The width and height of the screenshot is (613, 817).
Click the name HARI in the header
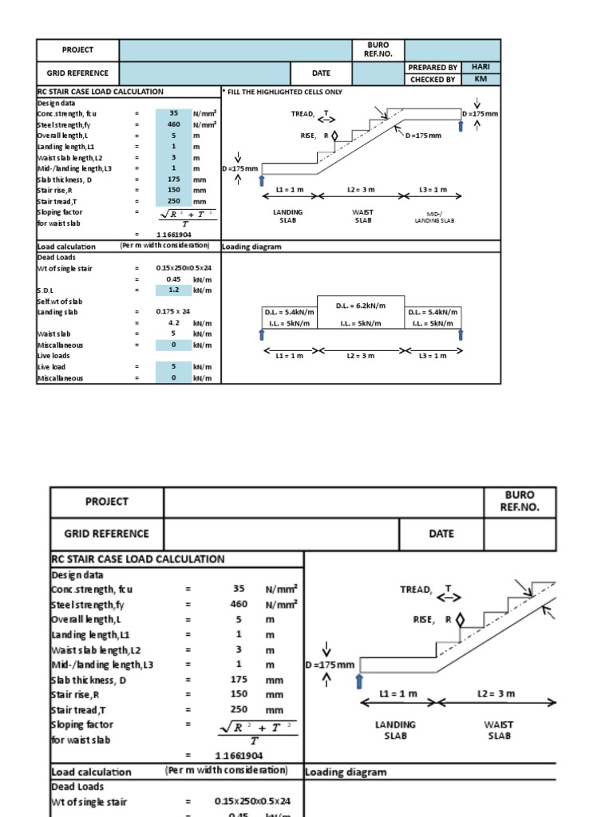(x=480, y=68)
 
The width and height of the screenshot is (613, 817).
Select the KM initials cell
(x=480, y=79)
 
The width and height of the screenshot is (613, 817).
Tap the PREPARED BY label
(x=433, y=68)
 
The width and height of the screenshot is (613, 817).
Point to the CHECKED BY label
(x=433, y=80)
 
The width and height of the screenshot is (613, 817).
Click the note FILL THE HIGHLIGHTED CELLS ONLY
(x=284, y=92)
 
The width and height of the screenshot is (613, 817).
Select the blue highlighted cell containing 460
(x=174, y=124)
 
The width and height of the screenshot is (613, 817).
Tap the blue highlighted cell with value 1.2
(x=174, y=290)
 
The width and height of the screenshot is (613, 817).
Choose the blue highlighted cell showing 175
(x=174, y=180)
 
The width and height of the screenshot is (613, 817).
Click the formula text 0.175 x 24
(x=173, y=312)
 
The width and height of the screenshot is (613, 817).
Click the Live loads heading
(x=53, y=356)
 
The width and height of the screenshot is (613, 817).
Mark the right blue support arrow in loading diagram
(x=460, y=336)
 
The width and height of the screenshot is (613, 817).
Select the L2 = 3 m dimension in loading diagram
(x=361, y=355)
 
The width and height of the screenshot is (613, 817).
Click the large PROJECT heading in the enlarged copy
(x=107, y=502)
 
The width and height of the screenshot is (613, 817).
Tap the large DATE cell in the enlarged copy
(x=441, y=534)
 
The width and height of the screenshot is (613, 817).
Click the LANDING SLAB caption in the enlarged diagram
(x=395, y=730)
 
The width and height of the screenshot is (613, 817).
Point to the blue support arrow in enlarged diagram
(x=359, y=681)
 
